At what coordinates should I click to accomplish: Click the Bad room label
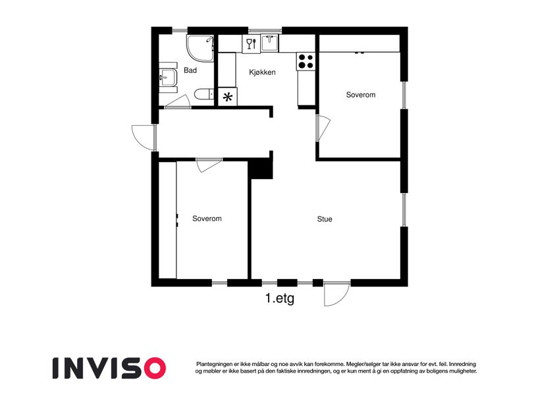[x=190, y=70]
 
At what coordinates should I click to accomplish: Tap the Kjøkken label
[x=262, y=72]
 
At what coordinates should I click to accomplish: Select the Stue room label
[x=325, y=219]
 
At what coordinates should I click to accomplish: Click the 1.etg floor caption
[x=279, y=298]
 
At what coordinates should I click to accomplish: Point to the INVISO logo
[x=109, y=368]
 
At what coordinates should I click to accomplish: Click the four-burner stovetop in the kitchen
[x=306, y=61]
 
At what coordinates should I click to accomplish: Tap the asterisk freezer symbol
[x=227, y=97]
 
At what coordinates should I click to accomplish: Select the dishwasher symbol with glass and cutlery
[x=252, y=43]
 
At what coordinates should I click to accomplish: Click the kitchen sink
[x=270, y=43]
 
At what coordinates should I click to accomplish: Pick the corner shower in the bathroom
[x=200, y=48]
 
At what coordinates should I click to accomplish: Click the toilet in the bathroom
[x=204, y=95]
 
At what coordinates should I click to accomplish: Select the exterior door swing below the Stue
[x=336, y=294]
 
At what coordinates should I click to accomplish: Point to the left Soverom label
[x=207, y=219]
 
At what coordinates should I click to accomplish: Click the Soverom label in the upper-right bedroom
[x=360, y=95]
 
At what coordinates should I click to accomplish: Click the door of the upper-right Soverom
[x=323, y=128]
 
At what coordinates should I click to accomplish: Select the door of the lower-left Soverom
[x=209, y=165]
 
